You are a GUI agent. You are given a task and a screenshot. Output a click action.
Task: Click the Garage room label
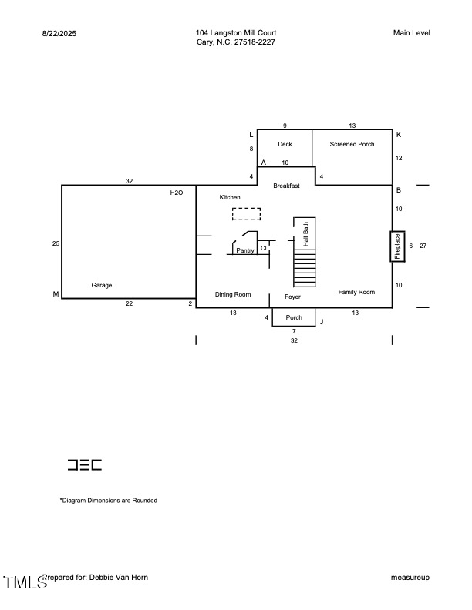pos(102,285)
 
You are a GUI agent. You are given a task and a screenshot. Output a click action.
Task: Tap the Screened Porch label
pos(352,144)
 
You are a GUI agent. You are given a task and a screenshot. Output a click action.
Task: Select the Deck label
pos(285,144)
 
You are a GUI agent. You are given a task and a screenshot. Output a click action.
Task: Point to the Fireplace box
pos(397,246)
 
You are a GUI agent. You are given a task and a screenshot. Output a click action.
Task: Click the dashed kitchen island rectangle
pos(246,213)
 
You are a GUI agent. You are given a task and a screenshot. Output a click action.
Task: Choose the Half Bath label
pos(305,234)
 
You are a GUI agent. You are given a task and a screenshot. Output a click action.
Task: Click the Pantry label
pos(245,250)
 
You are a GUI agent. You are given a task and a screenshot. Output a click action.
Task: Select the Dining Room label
pos(233,294)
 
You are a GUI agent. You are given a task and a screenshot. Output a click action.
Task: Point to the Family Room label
pos(356,292)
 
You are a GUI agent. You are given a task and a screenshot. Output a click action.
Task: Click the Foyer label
pos(292,297)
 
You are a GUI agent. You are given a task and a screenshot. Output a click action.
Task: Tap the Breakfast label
pos(285,185)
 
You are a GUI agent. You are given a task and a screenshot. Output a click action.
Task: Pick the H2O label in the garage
pos(177,193)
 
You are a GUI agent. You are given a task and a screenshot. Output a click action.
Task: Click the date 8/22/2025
pos(59,33)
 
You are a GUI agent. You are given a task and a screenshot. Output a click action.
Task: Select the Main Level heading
pos(411,32)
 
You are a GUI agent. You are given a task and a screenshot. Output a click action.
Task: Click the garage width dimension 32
pos(130,181)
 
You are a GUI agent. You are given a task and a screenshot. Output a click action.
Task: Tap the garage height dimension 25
pos(56,243)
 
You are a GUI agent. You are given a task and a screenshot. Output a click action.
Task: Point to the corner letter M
pos(55,294)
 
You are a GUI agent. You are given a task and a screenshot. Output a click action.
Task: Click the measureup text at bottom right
pos(410,577)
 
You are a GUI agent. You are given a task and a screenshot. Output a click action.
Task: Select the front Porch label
pos(294,317)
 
